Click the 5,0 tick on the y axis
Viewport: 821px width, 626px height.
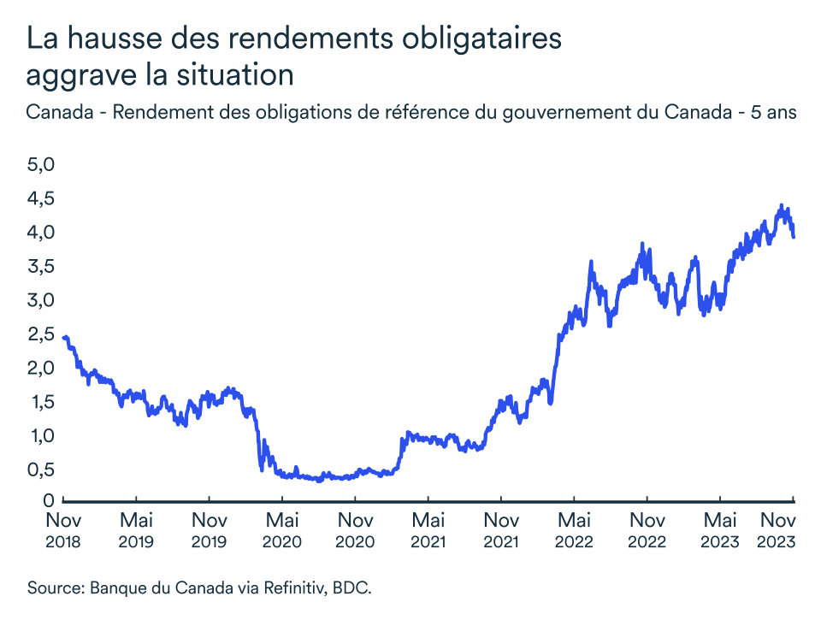(42, 164)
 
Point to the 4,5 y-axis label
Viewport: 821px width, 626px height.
(42, 198)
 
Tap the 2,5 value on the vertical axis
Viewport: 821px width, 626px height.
(42, 334)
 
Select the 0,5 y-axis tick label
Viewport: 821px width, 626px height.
(42, 469)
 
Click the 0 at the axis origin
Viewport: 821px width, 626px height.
(50, 501)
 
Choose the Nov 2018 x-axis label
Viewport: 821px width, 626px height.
(63, 530)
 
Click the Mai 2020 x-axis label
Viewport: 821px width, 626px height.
(282, 530)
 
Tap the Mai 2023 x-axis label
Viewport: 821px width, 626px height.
(720, 530)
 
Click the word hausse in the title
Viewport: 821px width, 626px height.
(114, 39)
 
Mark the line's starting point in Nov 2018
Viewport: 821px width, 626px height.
(65, 338)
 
